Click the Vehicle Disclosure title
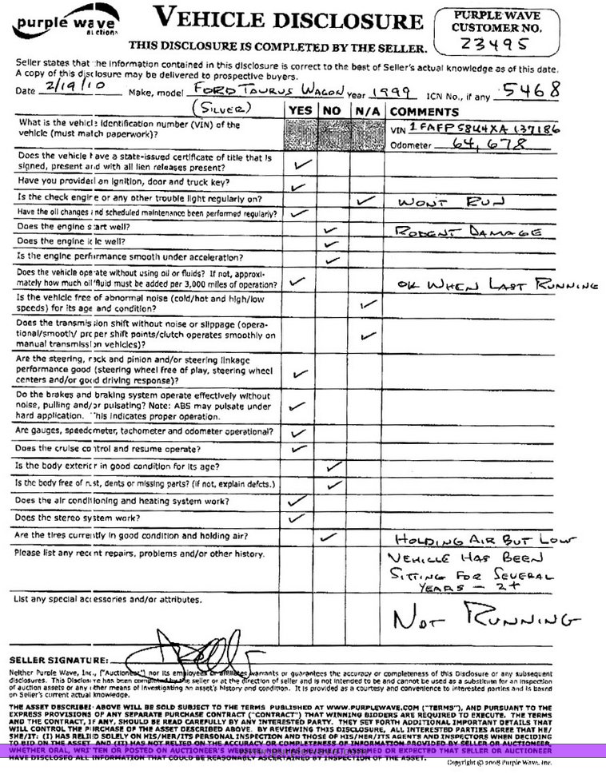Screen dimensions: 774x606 pyautogui.click(x=288, y=18)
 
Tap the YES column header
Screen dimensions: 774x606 pyautogui.click(x=300, y=112)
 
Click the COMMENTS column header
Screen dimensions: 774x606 pyautogui.click(x=425, y=112)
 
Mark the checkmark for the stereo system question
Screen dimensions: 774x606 pyautogui.click(x=297, y=517)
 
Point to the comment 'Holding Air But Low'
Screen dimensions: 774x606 pyautogui.click(x=484, y=539)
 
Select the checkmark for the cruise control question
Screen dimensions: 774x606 pyautogui.click(x=298, y=448)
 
